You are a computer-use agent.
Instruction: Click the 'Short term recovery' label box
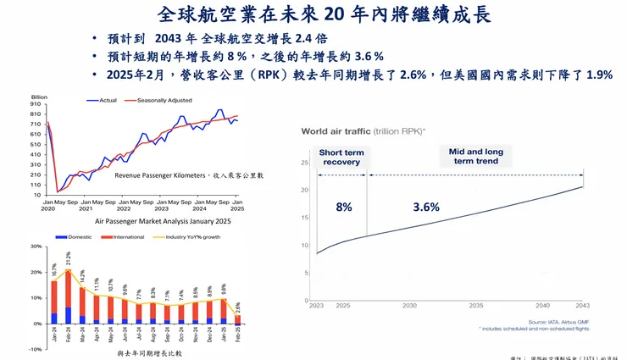click(x=341, y=157)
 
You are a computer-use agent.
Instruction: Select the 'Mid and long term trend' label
click(x=475, y=157)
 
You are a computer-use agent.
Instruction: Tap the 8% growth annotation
click(x=343, y=208)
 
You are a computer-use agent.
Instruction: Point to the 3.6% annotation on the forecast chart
click(x=426, y=208)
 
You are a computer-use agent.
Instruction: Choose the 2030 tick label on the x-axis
click(x=409, y=305)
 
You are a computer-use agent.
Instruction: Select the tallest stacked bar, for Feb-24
click(x=69, y=296)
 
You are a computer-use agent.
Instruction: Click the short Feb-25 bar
click(x=237, y=319)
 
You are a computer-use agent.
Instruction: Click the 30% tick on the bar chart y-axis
click(x=36, y=246)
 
